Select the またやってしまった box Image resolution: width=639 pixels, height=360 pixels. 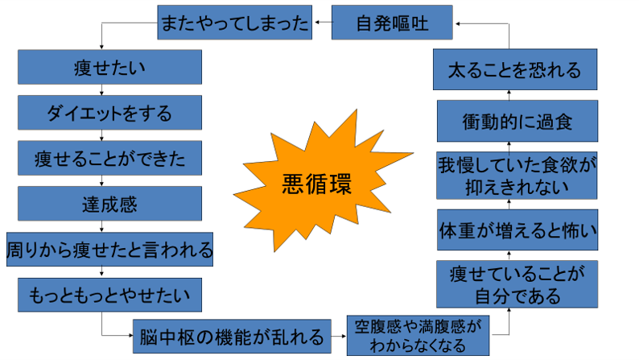click(234, 24)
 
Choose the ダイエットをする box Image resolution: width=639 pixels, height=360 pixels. click(109, 113)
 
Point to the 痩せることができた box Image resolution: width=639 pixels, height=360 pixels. click(109, 158)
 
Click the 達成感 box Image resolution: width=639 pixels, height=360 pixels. click(109, 203)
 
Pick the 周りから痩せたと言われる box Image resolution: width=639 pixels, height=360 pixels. click(109, 249)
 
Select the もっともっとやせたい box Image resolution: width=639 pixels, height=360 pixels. click(109, 295)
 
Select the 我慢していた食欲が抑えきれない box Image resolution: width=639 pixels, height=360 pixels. click(517, 175)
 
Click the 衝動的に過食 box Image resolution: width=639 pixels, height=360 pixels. click(517, 122)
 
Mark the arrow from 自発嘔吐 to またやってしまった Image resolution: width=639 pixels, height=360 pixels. click(321, 24)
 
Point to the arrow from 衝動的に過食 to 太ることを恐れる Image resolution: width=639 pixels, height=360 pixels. click(510, 94)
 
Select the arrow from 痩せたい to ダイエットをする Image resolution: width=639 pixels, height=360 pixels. click(109, 90)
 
